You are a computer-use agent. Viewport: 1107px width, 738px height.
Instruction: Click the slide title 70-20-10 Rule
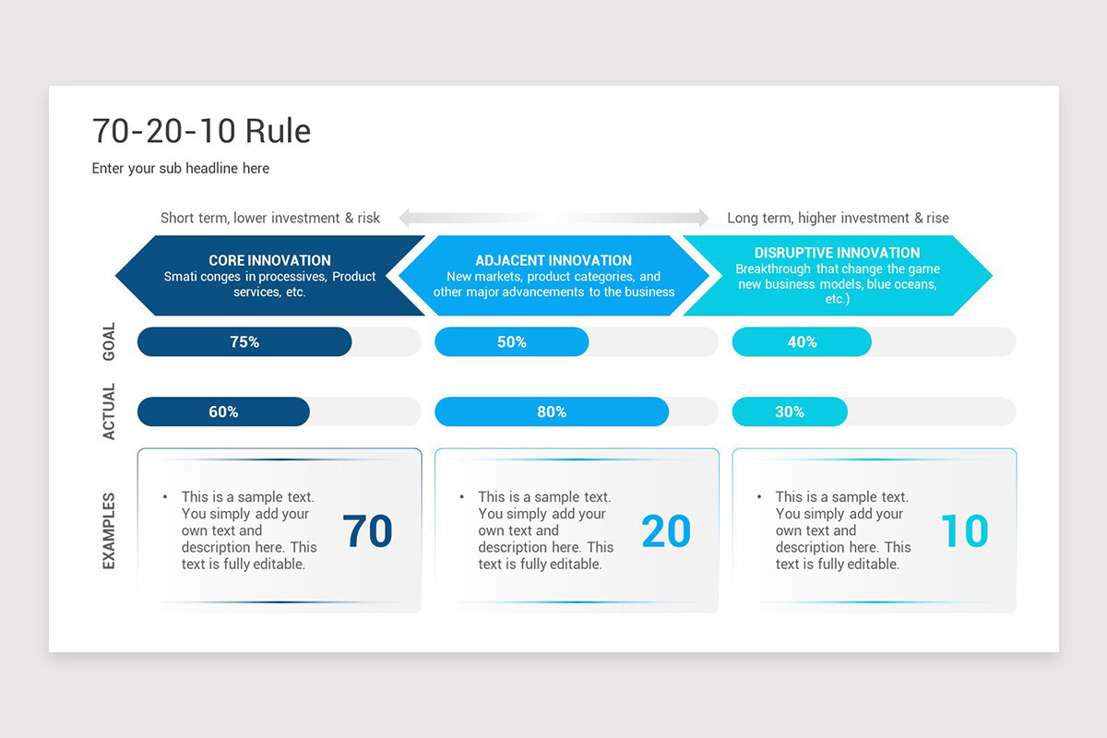[x=201, y=131]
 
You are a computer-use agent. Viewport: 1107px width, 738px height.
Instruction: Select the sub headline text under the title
[x=181, y=168]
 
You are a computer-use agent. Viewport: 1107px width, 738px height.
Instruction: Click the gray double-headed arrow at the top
[x=553, y=218]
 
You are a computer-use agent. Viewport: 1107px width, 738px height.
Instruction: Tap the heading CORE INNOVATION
[x=269, y=260]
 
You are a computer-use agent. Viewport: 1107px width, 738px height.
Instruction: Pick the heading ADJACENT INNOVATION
[x=553, y=260]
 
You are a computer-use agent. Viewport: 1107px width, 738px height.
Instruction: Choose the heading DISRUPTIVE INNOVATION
[x=837, y=253]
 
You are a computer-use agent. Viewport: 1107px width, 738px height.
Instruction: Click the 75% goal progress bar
[x=244, y=341]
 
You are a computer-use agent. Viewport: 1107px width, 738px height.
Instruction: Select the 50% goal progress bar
[x=512, y=341]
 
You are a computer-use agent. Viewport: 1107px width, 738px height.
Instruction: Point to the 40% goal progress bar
[x=802, y=341]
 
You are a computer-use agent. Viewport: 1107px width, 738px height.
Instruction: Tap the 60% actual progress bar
[x=223, y=411]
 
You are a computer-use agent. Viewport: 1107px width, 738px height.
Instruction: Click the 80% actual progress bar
[x=552, y=411]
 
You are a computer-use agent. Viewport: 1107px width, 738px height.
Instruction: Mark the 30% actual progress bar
[x=790, y=411]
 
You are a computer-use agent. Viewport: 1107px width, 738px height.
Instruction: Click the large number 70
[x=367, y=531]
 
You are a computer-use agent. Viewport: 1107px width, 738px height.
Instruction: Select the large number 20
[x=665, y=531]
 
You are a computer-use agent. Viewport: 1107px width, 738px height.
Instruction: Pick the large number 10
[x=964, y=531]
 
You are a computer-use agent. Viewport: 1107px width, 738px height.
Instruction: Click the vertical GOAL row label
[x=109, y=341]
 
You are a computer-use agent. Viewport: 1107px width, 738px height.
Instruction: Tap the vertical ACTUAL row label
[x=109, y=411]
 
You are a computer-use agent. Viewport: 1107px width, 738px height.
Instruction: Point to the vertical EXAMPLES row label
[x=109, y=530]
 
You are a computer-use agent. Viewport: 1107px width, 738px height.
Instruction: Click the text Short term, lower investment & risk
[x=270, y=218]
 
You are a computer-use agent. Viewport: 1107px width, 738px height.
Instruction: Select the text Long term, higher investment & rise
[x=838, y=218]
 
